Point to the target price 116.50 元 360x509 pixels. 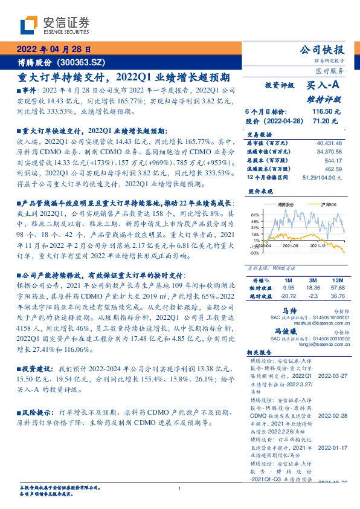coord(326,112)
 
